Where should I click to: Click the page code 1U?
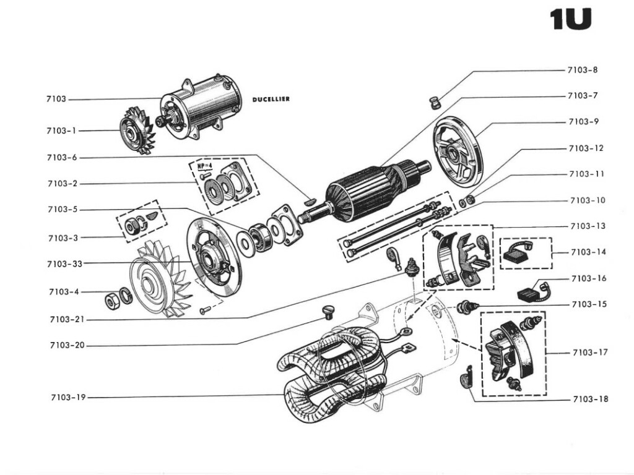(570, 20)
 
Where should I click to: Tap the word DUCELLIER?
(271, 99)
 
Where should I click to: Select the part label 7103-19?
(68, 397)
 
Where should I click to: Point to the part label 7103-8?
(583, 70)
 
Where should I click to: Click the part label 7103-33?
(64, 264)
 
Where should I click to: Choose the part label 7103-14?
(589, 252)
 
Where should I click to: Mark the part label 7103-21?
(67, 319)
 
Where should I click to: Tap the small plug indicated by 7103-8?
(435, 101)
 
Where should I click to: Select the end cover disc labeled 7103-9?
(458, 152)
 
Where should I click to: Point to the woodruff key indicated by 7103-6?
(311, 200)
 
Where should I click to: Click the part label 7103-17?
(590, 353)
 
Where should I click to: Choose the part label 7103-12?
(586, 148)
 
